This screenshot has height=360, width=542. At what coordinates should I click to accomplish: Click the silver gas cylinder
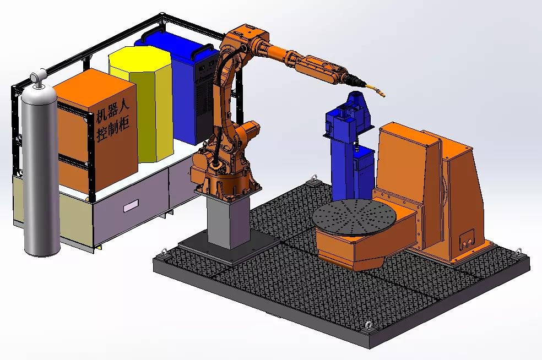pyautogui.click(x=41, y=166)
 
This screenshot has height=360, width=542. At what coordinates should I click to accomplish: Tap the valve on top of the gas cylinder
pyautogui.click(x=39, y=77)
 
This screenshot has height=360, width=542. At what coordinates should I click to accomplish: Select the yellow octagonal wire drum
pyautogui.click(x=142, y=103)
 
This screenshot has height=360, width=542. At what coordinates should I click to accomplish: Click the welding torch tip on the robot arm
pyautogui.click(x=381, y=94)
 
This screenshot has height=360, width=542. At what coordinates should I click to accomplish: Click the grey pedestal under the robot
pyautogui.click(x=229, y=221)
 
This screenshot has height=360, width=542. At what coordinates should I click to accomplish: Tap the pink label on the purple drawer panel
pyautogui.click(x=131, y=206)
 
